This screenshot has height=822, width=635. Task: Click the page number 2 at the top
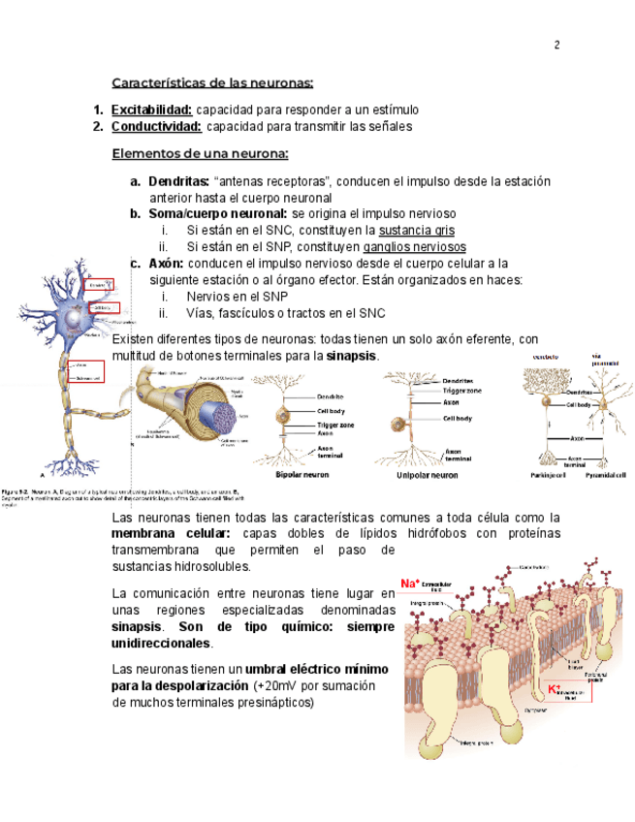pyautogui.click(x=557, y=46)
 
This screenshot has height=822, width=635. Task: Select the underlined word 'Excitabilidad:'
pyautogui.click(x=151, y=110)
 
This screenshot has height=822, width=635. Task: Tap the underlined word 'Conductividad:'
pyautogui.click(x=156, y=126)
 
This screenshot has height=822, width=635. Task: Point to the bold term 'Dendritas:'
pyautogui.click(x=178, y=181)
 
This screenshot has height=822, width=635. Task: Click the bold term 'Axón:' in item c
pyautogui.click(x=165, y=263)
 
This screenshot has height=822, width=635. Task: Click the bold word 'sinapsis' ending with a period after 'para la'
pyautogui.click(x=351, y=357)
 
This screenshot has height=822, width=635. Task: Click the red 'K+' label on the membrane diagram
pyautogui.click(x=555, y=688)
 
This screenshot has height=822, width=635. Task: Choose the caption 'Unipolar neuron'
pyautogui.click(x=428, y=476)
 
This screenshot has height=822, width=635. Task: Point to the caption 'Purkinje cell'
pyautogui.click(x=547, y=476)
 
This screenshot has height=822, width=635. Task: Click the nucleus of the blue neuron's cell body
pyautogui.click(x=74, y=319)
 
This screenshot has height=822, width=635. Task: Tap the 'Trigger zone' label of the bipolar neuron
pyautogui.click(x=335, y=426)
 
